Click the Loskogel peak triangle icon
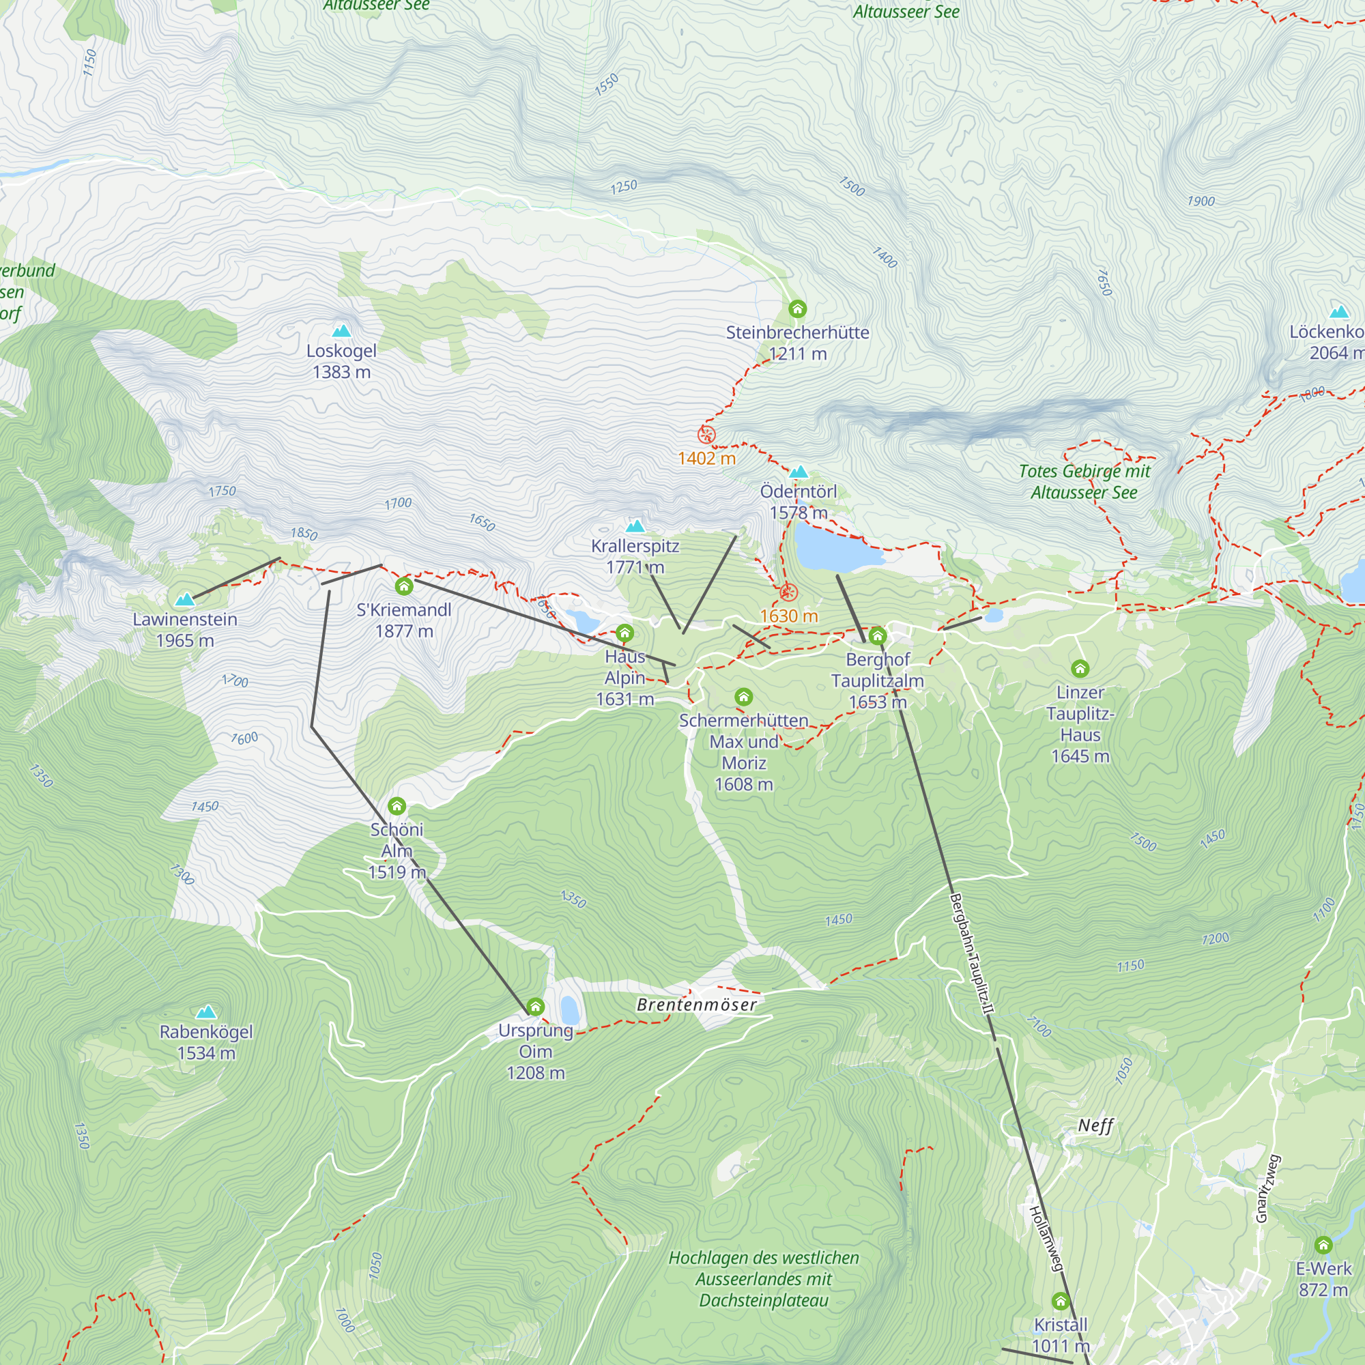[341, 330]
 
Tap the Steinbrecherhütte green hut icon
[797, 308]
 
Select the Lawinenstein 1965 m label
[185, 629]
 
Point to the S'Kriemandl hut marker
[403, 586]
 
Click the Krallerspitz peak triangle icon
[635, 526]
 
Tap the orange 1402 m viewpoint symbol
[706, 435]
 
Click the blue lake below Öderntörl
[834, 548]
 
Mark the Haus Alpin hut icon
[624, 633]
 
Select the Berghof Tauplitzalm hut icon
[877, 636]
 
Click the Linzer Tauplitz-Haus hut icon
[1080, 667]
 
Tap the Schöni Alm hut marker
[397, 806]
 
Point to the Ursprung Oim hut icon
[536, 1006]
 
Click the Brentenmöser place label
[696, 1005]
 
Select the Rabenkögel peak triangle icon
[205, 1011]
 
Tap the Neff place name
[1095, 1125]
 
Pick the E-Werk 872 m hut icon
[1323, 1245]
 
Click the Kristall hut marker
[1060, 1301]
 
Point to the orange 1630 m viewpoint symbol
[788, 592]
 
